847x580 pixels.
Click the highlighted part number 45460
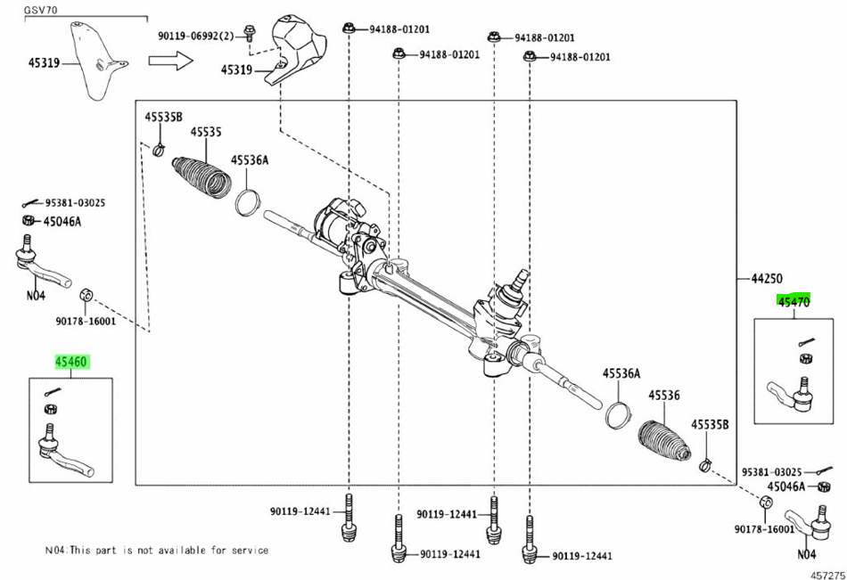coord(72,363)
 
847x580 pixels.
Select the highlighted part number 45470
coord(794,302)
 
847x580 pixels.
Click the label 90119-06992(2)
coord(195,36)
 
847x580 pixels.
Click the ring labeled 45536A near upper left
coord(248,201)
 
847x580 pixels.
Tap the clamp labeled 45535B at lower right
coord(705,463)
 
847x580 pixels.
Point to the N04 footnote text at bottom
coord(156,551)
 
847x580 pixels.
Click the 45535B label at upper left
coord(163,118)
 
